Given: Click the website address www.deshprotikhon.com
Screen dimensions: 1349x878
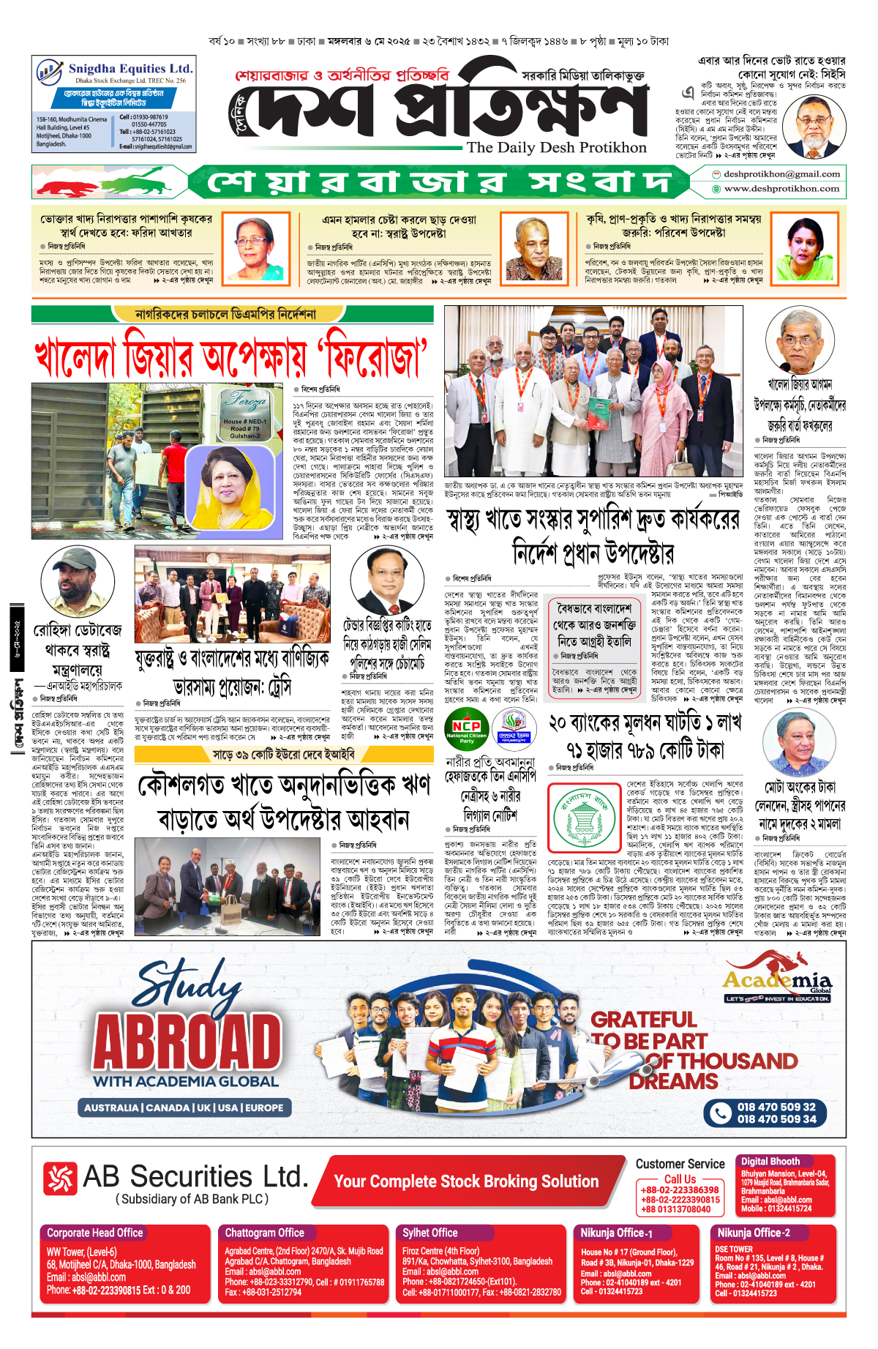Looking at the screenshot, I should click(781, 189).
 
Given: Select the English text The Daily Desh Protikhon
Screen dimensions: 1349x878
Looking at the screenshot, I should click(557, 147).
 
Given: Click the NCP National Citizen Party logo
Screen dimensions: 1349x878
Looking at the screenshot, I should click(467, 728).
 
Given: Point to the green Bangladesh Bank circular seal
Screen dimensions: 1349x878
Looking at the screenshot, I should click(582, 816).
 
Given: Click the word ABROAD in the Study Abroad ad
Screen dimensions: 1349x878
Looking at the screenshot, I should click(187, 1041).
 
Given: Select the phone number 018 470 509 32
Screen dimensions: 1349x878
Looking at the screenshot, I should click(776, 1107).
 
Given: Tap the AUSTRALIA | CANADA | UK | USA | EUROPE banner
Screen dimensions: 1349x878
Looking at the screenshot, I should click(184, 1107).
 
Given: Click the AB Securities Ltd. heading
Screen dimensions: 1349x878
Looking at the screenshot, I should click(195, 1176).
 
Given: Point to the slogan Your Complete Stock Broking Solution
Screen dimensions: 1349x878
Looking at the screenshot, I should click(466, 1181).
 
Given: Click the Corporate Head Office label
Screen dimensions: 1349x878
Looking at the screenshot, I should click(95, 1233).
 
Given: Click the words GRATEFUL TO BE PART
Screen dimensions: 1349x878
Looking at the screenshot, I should click(648, 1030).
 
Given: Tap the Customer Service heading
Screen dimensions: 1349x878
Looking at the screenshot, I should click(680, 1164).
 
